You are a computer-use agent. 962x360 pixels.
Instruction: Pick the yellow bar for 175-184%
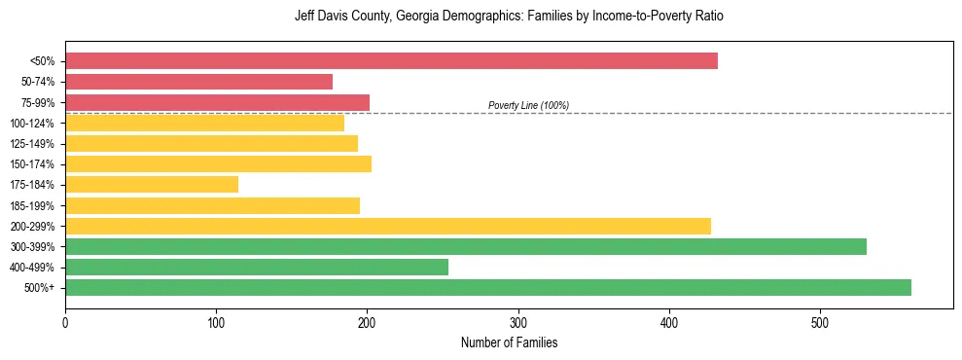152,184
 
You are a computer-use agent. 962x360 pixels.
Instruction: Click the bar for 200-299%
388,226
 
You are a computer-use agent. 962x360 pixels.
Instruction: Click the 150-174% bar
218,163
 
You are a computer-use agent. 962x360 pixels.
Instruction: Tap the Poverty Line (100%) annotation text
528,105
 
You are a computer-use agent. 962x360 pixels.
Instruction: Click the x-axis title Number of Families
509,342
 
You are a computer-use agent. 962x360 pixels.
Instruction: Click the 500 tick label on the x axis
820,321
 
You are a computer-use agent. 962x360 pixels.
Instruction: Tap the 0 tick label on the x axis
65,321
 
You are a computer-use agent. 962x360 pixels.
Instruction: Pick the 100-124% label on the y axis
33,124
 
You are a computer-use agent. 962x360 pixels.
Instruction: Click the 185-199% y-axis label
33,205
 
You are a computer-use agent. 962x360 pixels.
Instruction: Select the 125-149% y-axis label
33,144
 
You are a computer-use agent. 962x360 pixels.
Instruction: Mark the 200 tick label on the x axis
367,321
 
